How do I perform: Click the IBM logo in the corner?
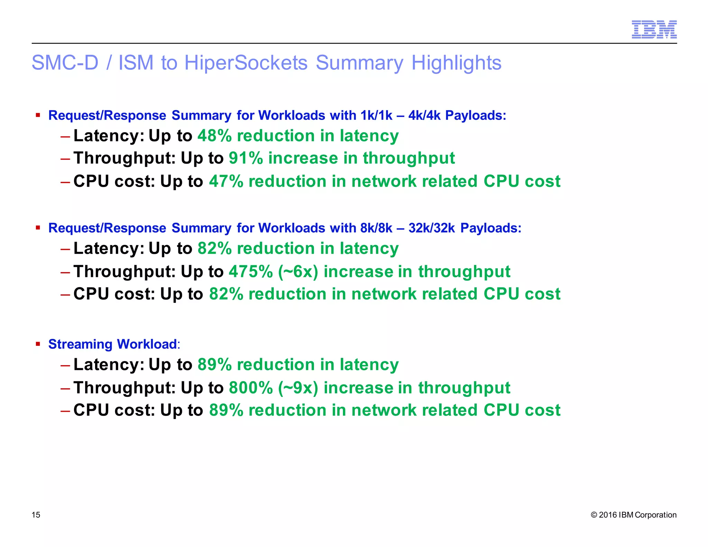coord(654,29)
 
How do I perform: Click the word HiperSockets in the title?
coord(246,63)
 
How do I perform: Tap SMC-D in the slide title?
coord(65,63)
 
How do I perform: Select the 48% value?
coord(214,136)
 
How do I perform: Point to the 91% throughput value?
coord(245,158)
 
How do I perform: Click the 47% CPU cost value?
coord(226,181)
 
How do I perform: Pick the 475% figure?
coord(251,271)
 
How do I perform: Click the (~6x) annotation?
coord(298,271)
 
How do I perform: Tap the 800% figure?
coord(251,388)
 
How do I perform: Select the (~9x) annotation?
coord(298,388)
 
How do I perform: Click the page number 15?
coord(36,515)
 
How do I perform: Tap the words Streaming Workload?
coord(112,344)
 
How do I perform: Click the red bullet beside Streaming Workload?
coord(38,344)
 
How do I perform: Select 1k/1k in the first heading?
coord(376,115)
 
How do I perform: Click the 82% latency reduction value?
coord(214,248)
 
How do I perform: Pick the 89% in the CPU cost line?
coord(226,410)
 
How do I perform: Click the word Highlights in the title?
coord(456,63)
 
